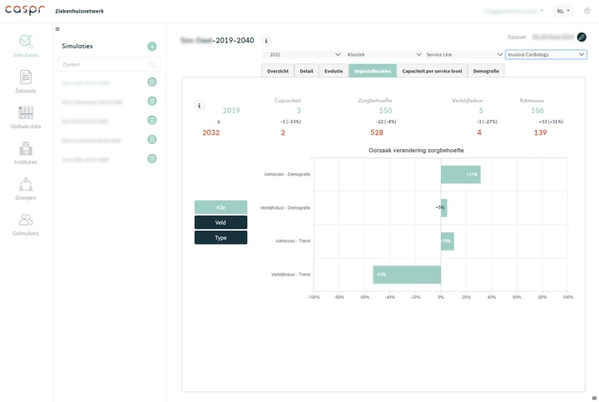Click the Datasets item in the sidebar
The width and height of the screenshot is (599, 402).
26,81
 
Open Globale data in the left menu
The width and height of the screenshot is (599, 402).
26,117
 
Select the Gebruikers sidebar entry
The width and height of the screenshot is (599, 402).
26,223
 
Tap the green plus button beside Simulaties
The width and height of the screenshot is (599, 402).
151,47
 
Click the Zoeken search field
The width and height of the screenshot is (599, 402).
104,64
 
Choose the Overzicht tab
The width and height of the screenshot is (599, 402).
278,71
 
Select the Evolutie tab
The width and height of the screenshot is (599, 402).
334,71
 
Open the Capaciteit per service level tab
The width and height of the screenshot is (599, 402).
432,71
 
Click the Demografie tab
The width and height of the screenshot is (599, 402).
486,71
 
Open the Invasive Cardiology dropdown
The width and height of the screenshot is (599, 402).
546,55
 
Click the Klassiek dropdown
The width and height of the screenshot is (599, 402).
384,55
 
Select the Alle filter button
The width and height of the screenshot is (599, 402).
220,207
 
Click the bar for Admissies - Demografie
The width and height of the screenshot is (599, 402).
460,174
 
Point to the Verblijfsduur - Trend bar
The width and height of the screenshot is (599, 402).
407,274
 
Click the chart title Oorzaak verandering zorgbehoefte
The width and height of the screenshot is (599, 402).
416,151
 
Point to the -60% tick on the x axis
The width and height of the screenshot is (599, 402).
364,297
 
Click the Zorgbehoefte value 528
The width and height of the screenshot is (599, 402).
377,132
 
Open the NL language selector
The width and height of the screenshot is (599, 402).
563,12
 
